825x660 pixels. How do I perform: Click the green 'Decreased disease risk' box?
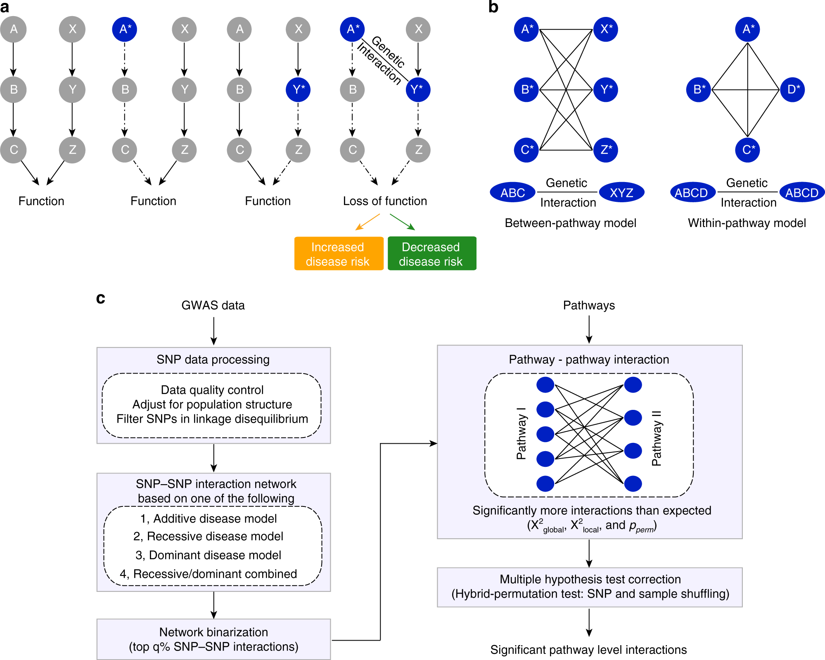click(x=431, y=253)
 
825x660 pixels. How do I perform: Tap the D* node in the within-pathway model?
click(x=792, y=90)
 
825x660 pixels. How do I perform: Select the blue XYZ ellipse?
click(x=621, y=192)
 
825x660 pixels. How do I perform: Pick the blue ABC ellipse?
click(x=512, y=192)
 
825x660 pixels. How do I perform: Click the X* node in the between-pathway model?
click(x=606, y=29)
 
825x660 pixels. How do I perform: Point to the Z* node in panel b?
click(x=606, y=150)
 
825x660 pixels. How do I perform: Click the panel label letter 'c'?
click(x=100, y=298)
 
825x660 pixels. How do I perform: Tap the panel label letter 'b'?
click(x=493, y=7)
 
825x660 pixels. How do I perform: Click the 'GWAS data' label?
click(x=213, y=305)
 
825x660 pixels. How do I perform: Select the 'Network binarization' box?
click(x=213, y=639)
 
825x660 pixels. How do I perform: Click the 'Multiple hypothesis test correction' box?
click(x=590, y=587)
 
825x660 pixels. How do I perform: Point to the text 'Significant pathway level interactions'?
click(x=588, y=650)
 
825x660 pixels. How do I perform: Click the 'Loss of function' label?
click(x=385, y=201)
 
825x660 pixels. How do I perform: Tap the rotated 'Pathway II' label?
click(x=657, y=438)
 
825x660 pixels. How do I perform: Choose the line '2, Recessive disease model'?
click(x=208, y=536)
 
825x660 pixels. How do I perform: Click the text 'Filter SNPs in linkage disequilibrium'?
click(x=212, y=419)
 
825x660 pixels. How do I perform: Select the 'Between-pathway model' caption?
click(x=570, y=223)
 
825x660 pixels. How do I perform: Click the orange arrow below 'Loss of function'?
click(x=367, y=222)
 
